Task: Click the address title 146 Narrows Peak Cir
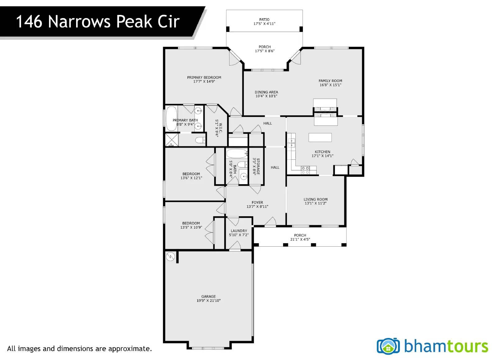[x=98, y=21]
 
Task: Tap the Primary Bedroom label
[x=204, y=77]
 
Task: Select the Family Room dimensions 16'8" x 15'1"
[x=331, y=85]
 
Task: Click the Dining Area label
[x=266, y=92]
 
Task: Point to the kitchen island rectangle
[x=320, y=137]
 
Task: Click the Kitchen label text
[x=322, y=152]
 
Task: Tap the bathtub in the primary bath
[x=171, y=119]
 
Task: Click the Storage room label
[x=258, y=166]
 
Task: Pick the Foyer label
[x=258, y=203]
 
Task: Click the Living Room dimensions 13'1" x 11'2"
[x=316, y=203]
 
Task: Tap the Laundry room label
[x=239, y=231]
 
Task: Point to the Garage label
[x=208, y=296]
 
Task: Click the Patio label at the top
[x=264, y=20]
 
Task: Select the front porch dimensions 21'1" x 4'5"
[x=300, y=239]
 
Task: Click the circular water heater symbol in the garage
[x=171, y=257]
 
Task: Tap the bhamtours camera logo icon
[x=388, y=346]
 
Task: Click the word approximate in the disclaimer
[x=130, y=349]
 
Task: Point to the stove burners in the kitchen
[x=305, y=170]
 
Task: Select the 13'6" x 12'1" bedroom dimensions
[x=191, y=178]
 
